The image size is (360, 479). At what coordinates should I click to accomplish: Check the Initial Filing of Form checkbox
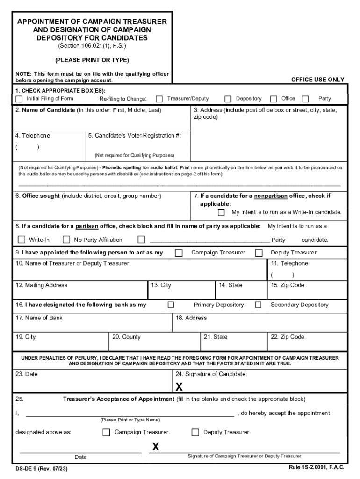19,99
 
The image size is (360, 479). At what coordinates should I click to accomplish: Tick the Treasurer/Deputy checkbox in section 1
159,99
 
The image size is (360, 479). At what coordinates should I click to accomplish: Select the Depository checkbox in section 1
228,99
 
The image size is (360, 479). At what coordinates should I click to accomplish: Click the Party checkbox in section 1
305,99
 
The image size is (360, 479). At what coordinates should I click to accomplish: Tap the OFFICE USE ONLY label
317,80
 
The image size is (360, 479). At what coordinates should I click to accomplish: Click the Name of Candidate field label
45,110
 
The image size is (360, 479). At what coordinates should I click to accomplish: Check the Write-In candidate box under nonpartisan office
221,212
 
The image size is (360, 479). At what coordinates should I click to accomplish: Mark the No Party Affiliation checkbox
66,239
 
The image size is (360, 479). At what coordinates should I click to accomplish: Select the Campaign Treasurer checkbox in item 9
179,253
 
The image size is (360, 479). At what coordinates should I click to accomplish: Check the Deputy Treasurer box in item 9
259,253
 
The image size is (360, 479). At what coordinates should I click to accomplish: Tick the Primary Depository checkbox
171,305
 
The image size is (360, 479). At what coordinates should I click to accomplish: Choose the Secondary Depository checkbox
258,305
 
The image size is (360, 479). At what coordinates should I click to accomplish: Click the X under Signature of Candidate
179,387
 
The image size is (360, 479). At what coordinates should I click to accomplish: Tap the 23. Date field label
27,374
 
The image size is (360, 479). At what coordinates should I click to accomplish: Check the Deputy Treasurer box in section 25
195,432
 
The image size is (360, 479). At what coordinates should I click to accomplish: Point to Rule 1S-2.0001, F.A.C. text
317,468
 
